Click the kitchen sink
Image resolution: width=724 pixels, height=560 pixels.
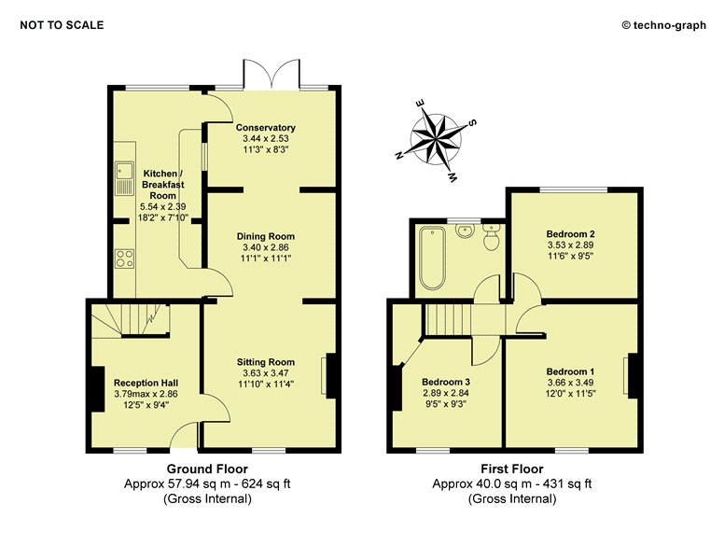click(124, 178)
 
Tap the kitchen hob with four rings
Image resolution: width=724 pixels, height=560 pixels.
click(125, 259)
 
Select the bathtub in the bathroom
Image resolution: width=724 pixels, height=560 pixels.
click(432, 258)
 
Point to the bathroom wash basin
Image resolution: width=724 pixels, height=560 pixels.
click(465, 231)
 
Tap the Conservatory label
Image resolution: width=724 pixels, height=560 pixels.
click(266, 128)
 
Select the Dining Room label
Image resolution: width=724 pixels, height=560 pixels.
click(266, 236)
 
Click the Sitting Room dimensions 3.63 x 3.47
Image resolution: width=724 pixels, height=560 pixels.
click(266, 373)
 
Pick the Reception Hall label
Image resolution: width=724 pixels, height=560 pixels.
click(146, 383)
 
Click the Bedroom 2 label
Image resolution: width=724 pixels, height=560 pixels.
click(570, 233)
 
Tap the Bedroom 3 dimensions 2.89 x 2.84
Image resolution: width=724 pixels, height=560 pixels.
click(446, 393)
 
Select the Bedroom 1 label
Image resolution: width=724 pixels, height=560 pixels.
click(570, 371)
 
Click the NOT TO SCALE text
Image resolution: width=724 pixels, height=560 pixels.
click(62, 25)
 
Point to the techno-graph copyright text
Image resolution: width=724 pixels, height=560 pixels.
click(664, 25)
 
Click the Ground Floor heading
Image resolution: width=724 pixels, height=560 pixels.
click(207, 469)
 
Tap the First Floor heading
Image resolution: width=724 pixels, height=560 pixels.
click(512, 469)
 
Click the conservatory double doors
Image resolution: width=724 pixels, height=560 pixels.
click(271, 74)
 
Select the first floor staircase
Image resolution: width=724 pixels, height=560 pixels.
click(447, 319)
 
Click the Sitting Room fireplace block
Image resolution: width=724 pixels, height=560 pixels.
click(330, 375)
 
